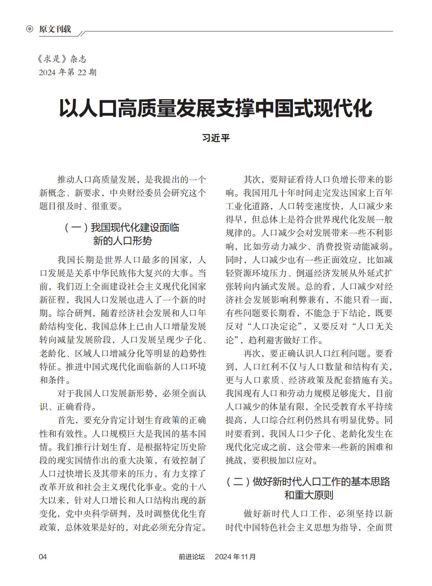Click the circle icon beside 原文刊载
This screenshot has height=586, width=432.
tap(29, 29)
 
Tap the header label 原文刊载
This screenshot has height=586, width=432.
tap(55, 29)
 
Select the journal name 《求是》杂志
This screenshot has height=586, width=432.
tap(62, 59)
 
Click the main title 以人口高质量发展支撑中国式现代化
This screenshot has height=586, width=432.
tap(216, 109)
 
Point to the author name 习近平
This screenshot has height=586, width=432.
tap(216, 138)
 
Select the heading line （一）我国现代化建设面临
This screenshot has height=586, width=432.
tap(122, 228)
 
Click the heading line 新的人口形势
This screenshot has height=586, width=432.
tap(122, 241)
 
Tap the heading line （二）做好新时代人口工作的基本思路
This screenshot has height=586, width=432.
tap(309, 481)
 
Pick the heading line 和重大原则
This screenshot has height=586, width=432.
tap(309, 495)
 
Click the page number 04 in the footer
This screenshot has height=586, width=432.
tap(43, 557)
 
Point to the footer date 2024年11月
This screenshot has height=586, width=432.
tap(235, 557)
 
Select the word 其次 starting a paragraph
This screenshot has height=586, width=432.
tap(252, 179)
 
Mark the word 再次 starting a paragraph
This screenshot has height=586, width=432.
tap(252, 353)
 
